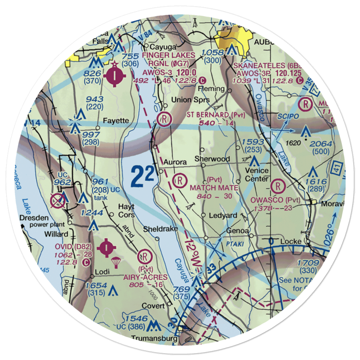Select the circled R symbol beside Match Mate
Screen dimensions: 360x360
[179, 180]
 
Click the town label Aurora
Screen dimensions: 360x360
[175, 162]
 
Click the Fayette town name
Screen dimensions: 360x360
[116, 121]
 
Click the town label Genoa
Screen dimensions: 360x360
[238, 230]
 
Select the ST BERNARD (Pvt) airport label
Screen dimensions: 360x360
[212, 114]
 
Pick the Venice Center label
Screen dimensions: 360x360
[257, 175]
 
